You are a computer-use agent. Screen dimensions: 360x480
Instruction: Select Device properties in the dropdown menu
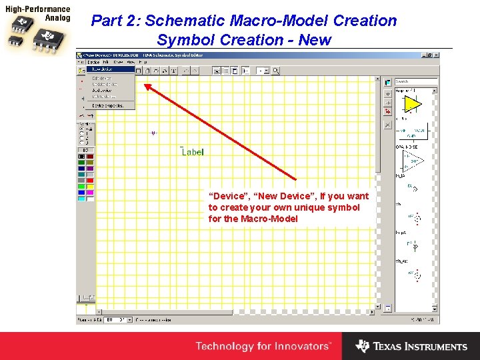pos(108,105)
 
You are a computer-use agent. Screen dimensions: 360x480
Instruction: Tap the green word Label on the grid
pos(193,152)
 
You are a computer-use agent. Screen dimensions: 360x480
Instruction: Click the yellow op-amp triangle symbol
pos(413,105)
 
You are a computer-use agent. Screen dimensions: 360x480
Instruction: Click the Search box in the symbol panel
pos(416,81)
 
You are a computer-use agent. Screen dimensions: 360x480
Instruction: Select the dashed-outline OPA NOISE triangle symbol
pos(413,161)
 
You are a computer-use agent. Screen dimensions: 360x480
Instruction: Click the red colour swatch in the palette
pos(90,180)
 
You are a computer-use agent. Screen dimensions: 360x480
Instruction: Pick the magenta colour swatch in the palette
pos(90,192)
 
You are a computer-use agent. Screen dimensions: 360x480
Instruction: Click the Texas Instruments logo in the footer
pos(411,346)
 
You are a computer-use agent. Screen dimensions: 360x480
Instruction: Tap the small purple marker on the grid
pos(153,133)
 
